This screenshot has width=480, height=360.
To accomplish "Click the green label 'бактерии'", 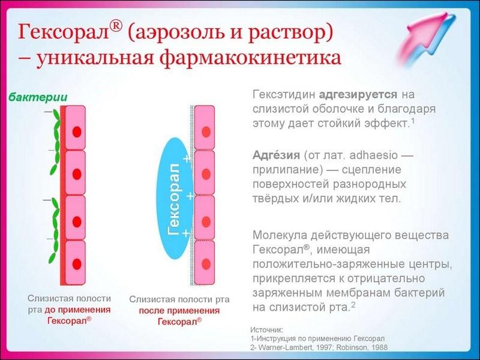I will [x=37, y=98].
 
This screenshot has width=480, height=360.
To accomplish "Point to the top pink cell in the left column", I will [x=76, y=128].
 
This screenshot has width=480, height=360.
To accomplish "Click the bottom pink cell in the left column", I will [x=76, y=262].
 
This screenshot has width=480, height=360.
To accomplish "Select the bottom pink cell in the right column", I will [x=205, y=262].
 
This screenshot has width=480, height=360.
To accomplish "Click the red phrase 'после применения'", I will [x=179, y=310].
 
